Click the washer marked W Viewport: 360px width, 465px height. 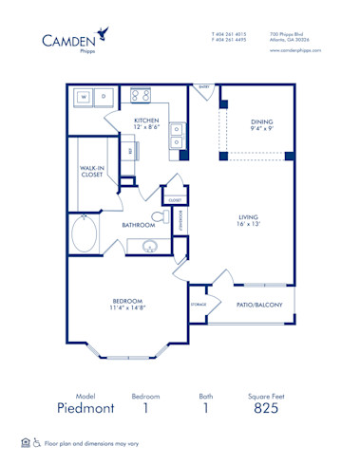[84, 97]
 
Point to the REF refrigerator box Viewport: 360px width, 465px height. [131, 150]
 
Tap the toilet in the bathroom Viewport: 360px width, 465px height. [183, 246]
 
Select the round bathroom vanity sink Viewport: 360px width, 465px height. [147, 248]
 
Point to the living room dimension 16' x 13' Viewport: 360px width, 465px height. [249, 225]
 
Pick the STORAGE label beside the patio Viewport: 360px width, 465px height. [198, 305]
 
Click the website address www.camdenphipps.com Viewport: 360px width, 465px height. [295, 49]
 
